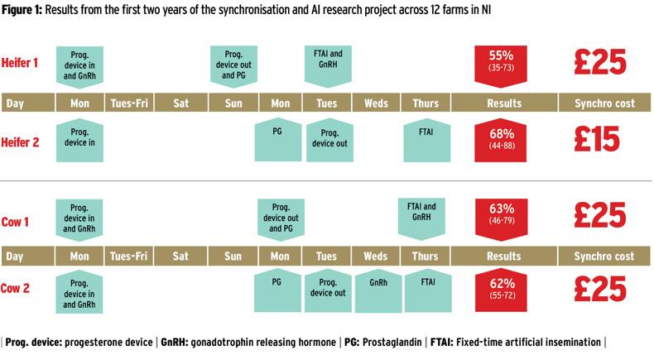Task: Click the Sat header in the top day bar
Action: click(180, 103)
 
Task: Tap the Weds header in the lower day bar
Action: click(377, 256)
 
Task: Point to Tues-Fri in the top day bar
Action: click(131, 103)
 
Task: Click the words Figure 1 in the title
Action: click(26, 10)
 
